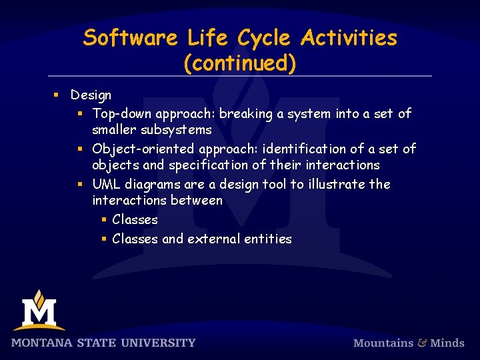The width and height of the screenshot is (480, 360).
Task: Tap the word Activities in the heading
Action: click(x=348, y=38)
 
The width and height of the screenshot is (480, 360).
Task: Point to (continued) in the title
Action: click(x=239, y=63)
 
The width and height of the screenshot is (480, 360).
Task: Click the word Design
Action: click(x=91, y=95)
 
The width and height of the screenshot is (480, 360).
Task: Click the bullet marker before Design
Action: click(x=57, y=95)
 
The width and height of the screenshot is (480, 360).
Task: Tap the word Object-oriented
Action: click(x=141, y=149)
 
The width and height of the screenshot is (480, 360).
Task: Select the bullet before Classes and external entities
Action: click(x=104, y=239)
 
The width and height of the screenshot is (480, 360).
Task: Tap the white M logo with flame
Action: click(x=39, y=311)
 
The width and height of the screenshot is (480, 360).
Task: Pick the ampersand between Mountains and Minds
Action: click(x=422, y=343)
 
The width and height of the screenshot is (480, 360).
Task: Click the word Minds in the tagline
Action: click(x=447, y=343)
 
